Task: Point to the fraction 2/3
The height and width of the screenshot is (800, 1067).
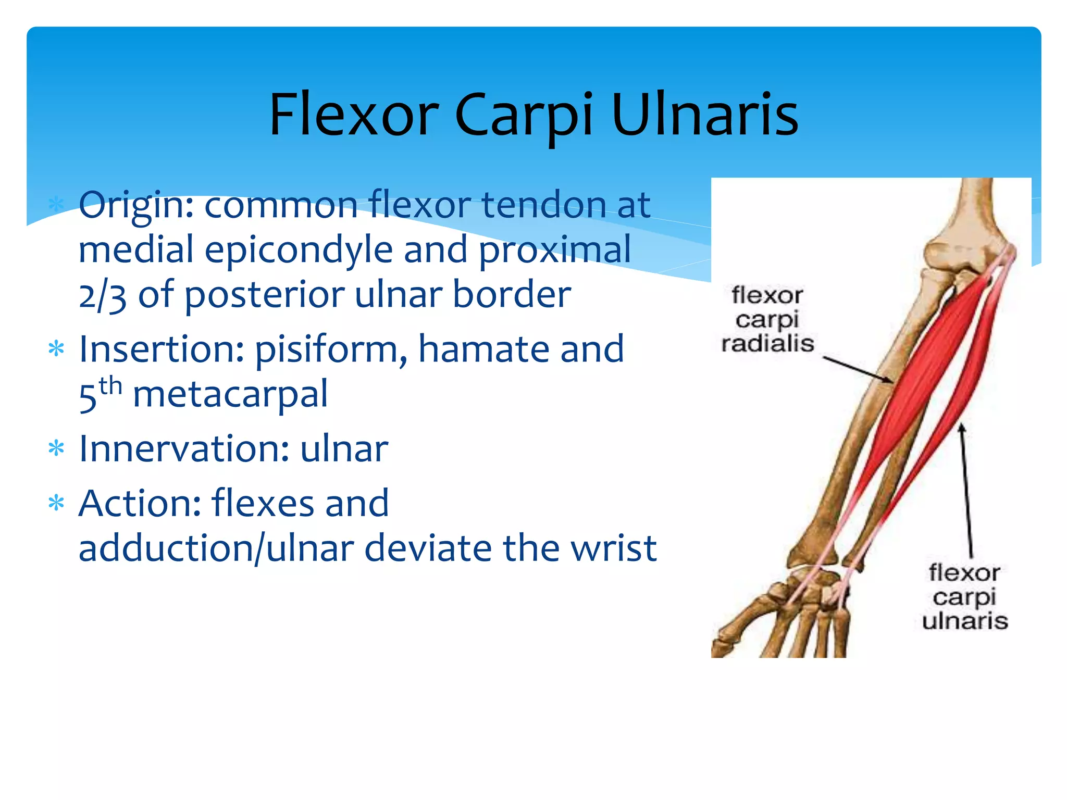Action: pos(103,295)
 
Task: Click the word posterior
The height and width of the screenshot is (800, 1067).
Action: pos(264,295)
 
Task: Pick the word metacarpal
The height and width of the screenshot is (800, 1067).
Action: pos(230,394)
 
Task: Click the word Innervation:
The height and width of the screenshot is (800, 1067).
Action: pos(184,448)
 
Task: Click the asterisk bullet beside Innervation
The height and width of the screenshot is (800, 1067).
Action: pos(56,448)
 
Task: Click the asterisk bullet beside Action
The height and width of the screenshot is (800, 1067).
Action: pos(56,504)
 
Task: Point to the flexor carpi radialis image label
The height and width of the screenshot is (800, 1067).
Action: pos(767,319)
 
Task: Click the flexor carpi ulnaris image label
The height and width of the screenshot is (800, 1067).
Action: pos(964,597)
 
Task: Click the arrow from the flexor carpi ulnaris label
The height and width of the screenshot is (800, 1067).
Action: pos(966,490)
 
